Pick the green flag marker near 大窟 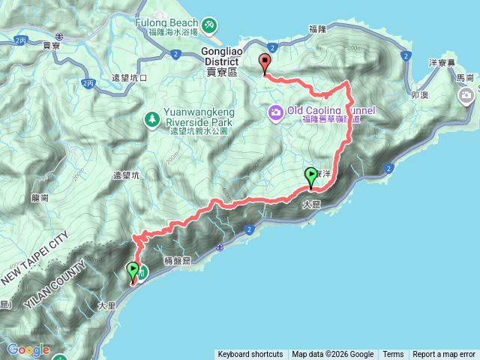pos(311,177)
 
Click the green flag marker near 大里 pos(133,271)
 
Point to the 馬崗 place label pos(465,77)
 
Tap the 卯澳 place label pos(419,96)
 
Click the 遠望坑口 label pos(132,78)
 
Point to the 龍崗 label pos(40,198)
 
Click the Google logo pos(28,350)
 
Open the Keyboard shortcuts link pos(250,355)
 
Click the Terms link pos(393,355)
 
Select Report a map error pos(444,355)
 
